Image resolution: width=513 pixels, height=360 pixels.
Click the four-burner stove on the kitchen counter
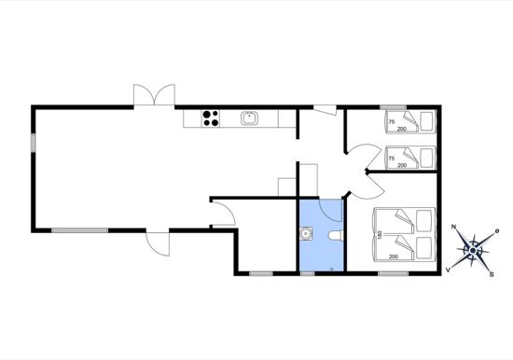pyautogui.click(x=211, y=118)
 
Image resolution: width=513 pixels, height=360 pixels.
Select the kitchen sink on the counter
pyautogui.click(x=250, y=118)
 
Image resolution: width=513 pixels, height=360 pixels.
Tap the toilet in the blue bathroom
pyautogui.click(x=335, y=235)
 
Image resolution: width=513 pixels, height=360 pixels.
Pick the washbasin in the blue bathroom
pyautogui.click(x=306, y=234)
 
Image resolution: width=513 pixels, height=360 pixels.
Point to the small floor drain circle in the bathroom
pyautogui.click(x=332, y=269)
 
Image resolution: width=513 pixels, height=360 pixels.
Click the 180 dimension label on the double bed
pyautogui.click(x=380, y=235)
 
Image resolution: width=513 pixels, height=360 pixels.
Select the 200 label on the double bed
pyautogui.click(x=394, y=256)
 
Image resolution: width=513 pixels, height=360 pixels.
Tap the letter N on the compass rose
pyautogui.click(x=453, y=227)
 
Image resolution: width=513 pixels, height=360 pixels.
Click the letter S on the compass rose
pyautogui.click(x=492, y=274)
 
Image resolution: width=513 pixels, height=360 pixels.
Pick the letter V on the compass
pyautogui.click(x=448, y=270)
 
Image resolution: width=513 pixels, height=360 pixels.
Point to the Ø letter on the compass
pyautogui.click(x=497, y=231)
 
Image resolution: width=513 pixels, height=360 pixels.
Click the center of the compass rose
pyautogui.click(x=473, y=251)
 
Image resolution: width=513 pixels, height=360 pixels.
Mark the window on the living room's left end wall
pyautogui.click(x=33, y=143)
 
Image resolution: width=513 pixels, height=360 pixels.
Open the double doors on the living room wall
pyautogui.click(x=154, y=95)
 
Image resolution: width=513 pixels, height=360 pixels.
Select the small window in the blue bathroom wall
pyautogui.click(x=307, y=273)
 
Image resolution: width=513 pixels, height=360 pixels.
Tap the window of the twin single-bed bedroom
pyautogui.click(x=393, y=107)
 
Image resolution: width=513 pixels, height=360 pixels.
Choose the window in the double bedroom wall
pyautogui.click(x=393, y=273)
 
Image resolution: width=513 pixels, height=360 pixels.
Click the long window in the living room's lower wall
pyautogui.click(x=79, y=230)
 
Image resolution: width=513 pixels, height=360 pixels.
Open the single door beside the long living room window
pyautogui.click(x=158, y=242)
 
